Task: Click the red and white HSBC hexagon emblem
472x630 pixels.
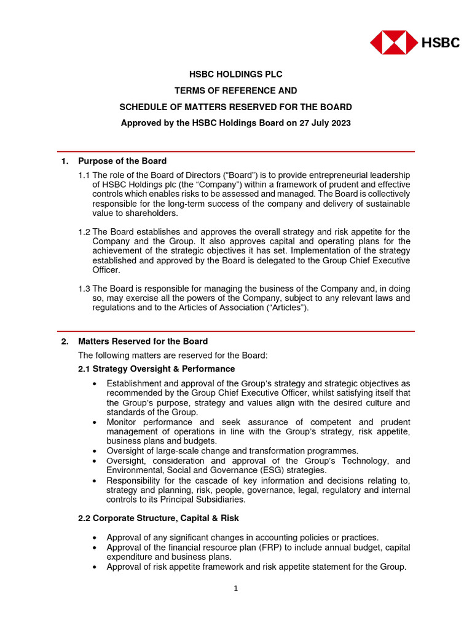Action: [x=394, y=43]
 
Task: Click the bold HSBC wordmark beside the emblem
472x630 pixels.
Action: [x=440, y=43]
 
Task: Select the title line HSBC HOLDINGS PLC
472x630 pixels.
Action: [x=235, y=74]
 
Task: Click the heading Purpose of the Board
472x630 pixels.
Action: [x=122, y=161]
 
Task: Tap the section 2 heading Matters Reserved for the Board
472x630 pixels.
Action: [x=143, y=341]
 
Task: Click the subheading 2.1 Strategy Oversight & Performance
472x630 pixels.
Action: [x=156, y=369]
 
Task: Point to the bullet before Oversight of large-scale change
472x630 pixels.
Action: [x=93, y=451]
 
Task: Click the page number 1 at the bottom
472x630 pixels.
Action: [x=235, y=588]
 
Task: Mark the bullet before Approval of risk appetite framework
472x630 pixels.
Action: [x=93, y=567]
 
